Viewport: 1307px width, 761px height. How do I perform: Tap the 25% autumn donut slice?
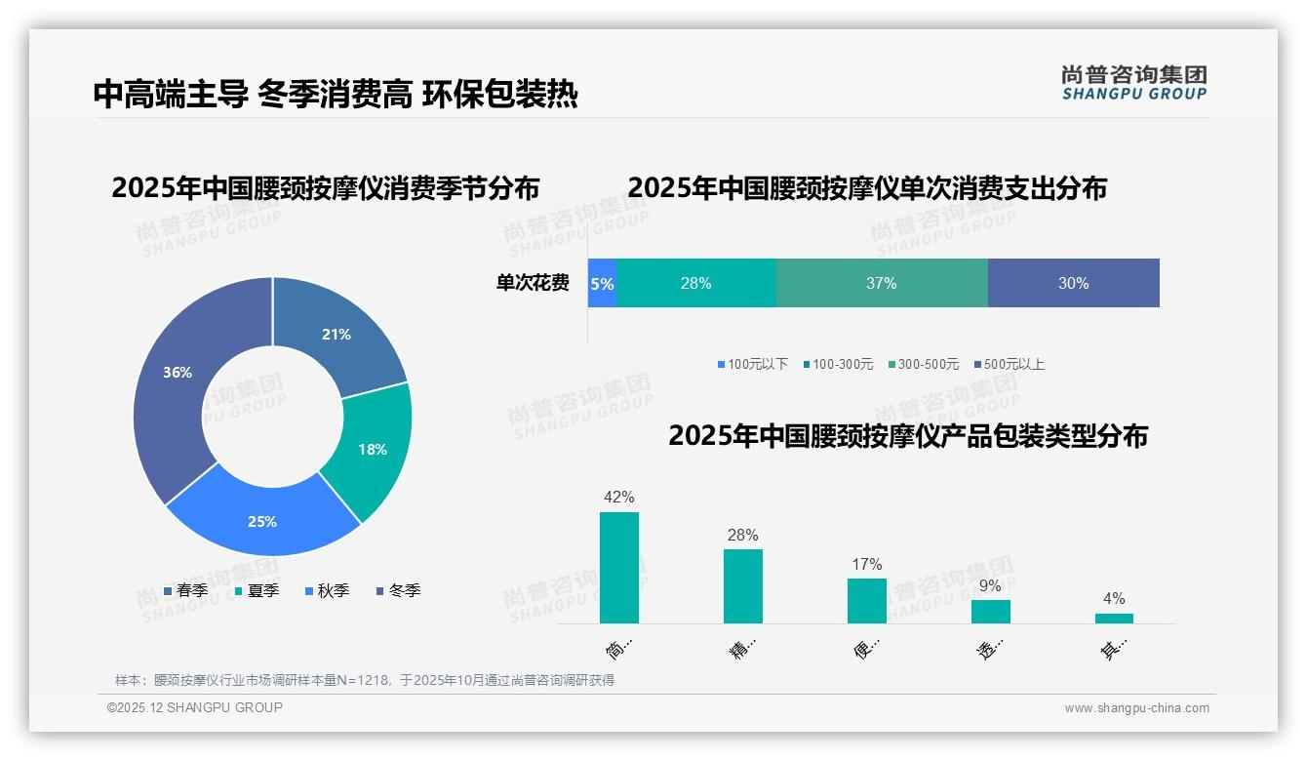pos(262,521)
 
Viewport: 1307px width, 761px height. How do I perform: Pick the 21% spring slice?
pos(337,334)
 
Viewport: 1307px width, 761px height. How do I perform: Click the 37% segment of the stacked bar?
pos(881,283)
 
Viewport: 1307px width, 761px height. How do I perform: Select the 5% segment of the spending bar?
pos(602,284)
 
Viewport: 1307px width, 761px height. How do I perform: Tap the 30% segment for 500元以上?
pos(1073,283)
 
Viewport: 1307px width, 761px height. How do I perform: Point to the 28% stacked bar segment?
pos(695,283)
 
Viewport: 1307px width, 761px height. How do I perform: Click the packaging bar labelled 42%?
pos(619,567)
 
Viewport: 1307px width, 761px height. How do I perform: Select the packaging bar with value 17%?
pos(866,600)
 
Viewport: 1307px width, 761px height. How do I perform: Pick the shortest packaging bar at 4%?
pos(1114,618)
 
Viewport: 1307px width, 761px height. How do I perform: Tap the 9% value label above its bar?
pos(990,586)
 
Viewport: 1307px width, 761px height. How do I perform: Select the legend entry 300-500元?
pos(928,364)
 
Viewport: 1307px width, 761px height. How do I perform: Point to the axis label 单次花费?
pos(533,283)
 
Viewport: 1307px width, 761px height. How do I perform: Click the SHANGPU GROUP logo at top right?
pos(1133,83)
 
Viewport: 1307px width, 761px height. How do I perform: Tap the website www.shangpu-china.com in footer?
pos(1136,707)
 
